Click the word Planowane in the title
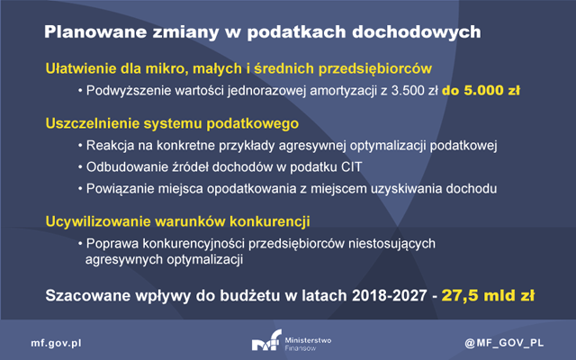95,32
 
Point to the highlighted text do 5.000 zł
481,91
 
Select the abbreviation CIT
352,167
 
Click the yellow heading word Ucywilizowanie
98,221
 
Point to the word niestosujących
391,244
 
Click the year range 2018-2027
390,296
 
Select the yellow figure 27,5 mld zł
488,296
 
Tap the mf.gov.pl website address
56,343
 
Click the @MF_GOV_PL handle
504,343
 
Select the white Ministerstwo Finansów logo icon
266,339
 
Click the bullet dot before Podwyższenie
80,91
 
